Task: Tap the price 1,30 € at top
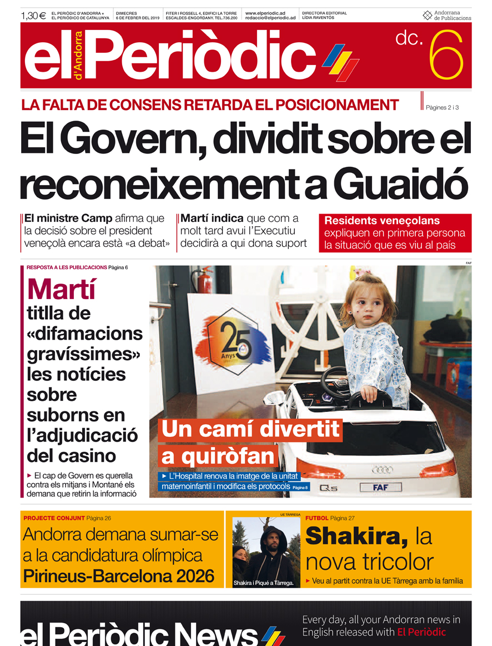[x=33, y=16]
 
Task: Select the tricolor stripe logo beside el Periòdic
[x=340, y=62]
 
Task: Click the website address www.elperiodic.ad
[x=265, y=13]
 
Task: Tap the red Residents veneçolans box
[x=395, y=233]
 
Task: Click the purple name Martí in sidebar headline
[x=62, y=289]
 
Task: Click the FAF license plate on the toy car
[x=380, y=488]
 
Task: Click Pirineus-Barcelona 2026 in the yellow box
[x=118, y=576]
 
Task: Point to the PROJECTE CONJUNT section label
[x=54, y=518]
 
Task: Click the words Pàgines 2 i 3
[x=442, y=107]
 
